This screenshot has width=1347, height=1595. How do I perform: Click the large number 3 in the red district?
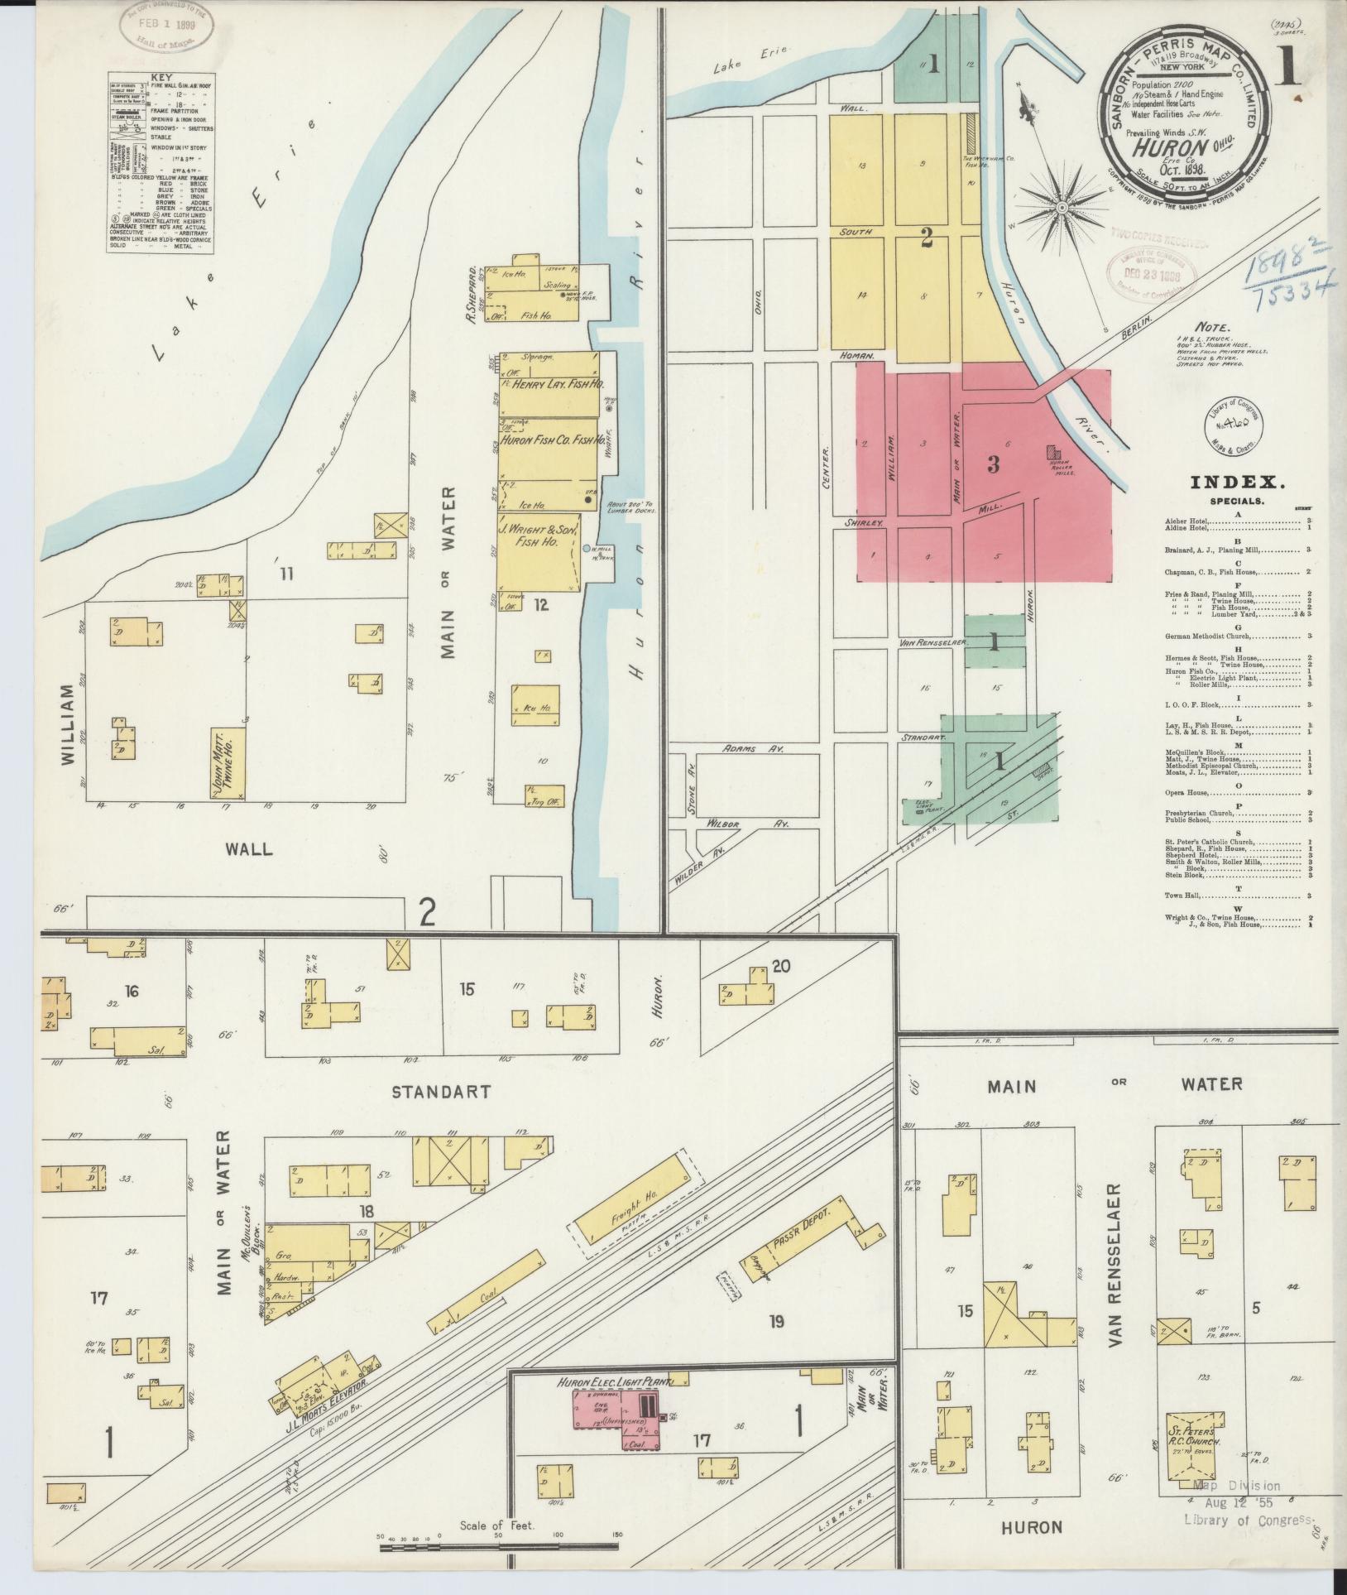[x=993, y=465]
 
